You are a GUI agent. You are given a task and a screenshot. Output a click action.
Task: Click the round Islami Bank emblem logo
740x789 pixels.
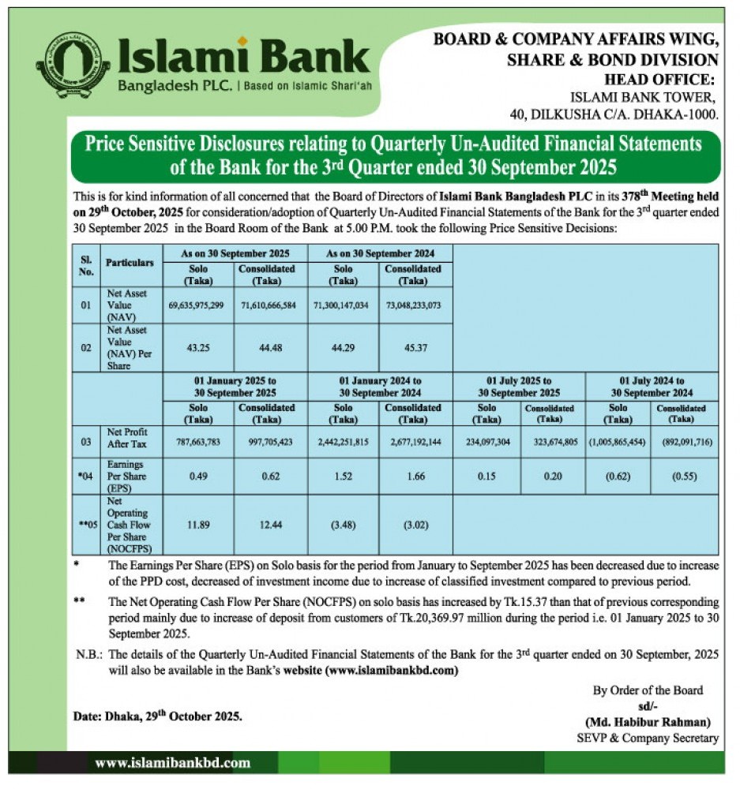73,64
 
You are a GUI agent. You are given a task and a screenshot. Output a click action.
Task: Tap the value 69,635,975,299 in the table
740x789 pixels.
197,305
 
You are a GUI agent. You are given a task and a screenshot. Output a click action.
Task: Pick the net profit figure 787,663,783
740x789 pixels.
197,442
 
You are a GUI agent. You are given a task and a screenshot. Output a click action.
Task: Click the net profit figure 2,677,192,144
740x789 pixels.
415,442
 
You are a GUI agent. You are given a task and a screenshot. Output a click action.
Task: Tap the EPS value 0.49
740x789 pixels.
197,476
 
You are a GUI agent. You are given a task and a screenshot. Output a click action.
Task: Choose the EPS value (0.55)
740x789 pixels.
684,476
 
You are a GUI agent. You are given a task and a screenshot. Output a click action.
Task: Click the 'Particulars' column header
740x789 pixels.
130,261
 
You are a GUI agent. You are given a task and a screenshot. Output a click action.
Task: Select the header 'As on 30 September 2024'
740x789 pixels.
380,253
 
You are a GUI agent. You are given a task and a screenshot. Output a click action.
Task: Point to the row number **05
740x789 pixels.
86,525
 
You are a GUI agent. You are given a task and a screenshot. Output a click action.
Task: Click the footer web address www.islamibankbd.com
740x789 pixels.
172,763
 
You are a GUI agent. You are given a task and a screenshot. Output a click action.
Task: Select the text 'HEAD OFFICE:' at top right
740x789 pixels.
659,79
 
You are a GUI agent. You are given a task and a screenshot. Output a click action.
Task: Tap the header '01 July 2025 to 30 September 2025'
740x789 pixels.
519,387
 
